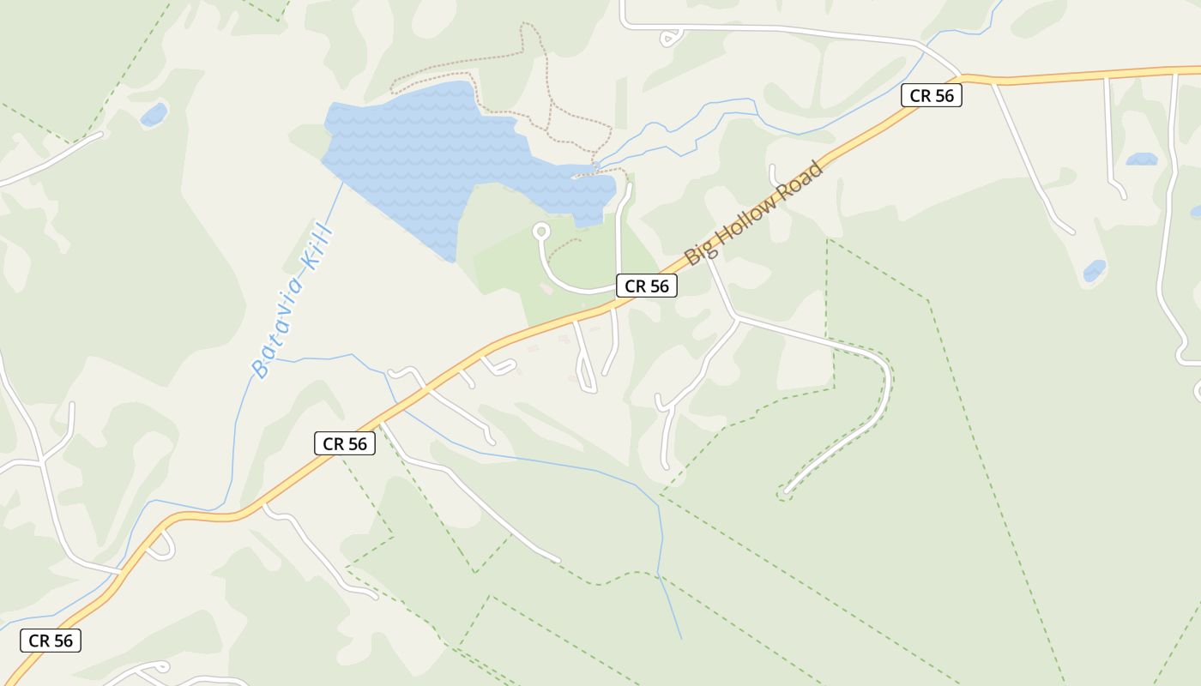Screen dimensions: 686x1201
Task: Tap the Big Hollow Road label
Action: pos(754,213)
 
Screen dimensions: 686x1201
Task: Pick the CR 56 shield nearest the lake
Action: pos(647,286)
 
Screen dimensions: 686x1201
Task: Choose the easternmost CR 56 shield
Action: pos(932,95)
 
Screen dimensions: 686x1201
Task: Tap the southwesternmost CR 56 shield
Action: pos(51,641)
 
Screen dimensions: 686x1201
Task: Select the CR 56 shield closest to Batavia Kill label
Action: pos(345,443)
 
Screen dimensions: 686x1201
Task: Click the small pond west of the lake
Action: pos(154,113)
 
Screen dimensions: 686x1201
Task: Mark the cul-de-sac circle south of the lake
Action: pos(541,232)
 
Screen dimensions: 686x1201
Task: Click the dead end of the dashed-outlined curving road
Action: pos(783,493)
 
